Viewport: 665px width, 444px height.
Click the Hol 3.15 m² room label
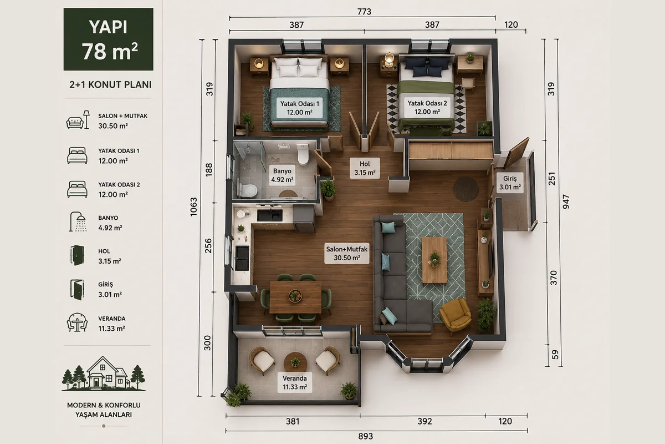365,168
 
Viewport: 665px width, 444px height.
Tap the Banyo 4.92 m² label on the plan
282,175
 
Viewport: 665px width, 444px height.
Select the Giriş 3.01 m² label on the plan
510,183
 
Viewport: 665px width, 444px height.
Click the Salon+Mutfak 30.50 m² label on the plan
347,254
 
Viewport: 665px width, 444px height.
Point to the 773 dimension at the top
364,12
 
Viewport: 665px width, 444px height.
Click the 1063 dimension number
193,206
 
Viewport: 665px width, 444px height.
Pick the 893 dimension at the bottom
365,436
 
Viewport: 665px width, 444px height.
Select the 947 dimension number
566,201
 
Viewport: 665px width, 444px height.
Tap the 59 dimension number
555,355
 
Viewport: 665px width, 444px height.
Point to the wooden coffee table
434,260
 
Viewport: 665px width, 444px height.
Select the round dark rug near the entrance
465,189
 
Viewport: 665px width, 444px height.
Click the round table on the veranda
295,362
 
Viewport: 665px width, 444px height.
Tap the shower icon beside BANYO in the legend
78,221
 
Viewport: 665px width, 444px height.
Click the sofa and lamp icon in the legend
78,120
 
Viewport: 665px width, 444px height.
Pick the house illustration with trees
104,374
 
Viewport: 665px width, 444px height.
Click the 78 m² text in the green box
110,52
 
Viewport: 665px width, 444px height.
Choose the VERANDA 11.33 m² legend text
112,324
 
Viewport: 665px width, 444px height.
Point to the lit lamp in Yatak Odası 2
389,59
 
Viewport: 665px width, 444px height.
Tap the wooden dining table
295,297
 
